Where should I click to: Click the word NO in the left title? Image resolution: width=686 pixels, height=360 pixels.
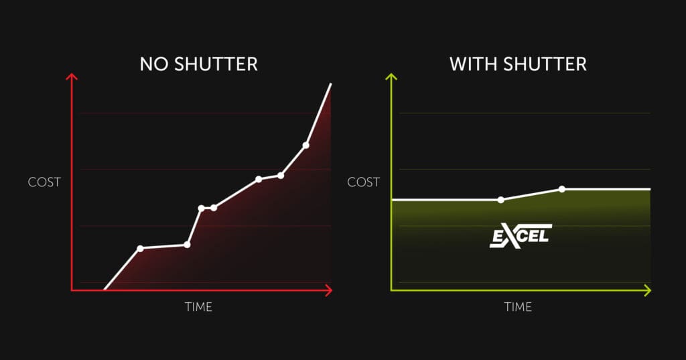click(155, 64)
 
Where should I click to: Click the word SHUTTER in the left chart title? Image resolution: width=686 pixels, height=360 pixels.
click(216, 64)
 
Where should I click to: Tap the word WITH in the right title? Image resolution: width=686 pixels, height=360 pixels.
click(474, 64)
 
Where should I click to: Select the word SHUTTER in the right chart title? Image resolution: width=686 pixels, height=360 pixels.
click(545, 64)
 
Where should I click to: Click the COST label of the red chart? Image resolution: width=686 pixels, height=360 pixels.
click(44, 182)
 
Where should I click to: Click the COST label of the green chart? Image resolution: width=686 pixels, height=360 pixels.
click(364, 182)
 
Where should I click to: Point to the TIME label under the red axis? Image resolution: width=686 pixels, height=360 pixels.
click(198, 307)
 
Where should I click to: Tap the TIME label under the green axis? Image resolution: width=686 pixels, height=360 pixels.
click(518, 307)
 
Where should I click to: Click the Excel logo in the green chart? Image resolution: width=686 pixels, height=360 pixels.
click(521, 236)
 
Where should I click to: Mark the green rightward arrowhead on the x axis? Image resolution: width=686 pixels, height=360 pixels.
click(648, 290)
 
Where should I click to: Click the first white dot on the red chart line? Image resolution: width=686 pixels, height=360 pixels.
click(140, 249)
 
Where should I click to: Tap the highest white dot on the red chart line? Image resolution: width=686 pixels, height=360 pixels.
click(305, 145)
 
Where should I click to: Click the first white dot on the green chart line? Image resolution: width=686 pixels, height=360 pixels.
click(501, 200)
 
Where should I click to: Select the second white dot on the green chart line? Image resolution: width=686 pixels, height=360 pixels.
click(562, 189)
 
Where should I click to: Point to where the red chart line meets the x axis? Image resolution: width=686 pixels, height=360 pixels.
click(105, 290)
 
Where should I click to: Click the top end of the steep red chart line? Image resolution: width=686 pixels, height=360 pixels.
click(331, 84)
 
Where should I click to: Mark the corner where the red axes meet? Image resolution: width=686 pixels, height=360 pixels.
click(72, 290)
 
